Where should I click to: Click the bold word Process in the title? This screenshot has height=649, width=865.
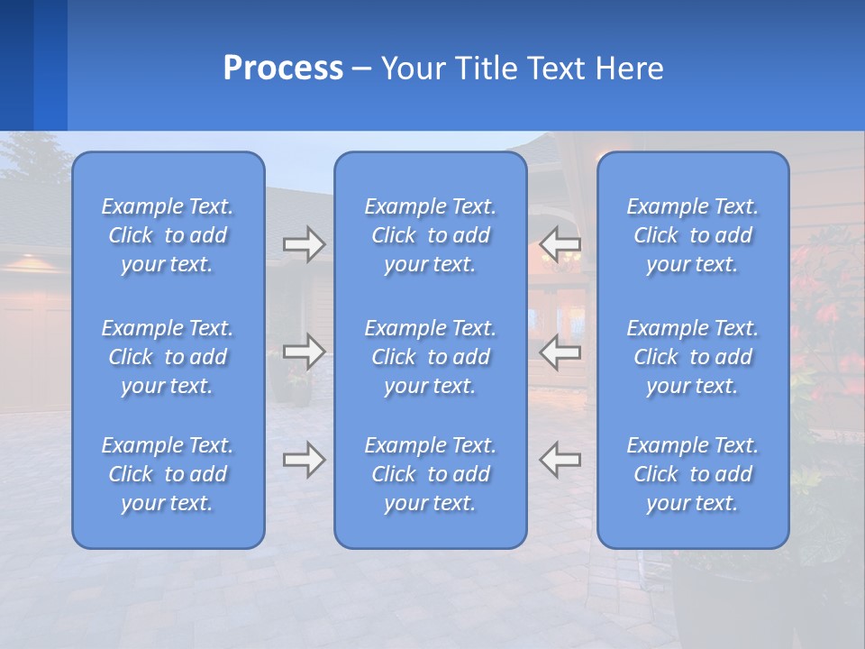(x=283, y=69)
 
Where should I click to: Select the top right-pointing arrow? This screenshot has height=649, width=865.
(x=304, y=244)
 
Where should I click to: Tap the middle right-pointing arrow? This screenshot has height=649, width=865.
(x=304, y=352)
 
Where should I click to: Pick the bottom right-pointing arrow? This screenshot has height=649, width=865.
(x=304, y=460)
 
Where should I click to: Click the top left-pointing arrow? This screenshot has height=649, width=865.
(x=560, y=244)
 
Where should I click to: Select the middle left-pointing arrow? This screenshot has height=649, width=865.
(x=560, y=352)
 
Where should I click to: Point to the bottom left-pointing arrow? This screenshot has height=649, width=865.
(x=560, y=460)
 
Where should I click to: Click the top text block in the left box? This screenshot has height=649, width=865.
(x=168, y=235)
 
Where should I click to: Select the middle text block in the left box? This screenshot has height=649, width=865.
(x=168, y=357)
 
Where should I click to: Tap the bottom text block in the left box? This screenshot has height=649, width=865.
(x=168, y=474)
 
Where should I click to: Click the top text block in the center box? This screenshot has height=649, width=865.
(x=430, y=235)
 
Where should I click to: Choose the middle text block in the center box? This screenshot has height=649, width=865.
(x=430, y=357)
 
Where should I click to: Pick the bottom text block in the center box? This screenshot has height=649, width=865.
(x=430, y=474)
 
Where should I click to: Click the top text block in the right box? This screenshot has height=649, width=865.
(x=692, y=235)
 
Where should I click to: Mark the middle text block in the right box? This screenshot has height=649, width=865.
(x=692, y=357)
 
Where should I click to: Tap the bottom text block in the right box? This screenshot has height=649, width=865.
(x=692, y=474)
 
